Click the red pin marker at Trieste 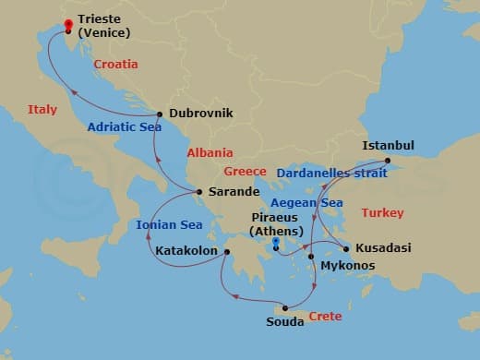tap(67, 27)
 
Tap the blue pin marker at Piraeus tap(276, 242)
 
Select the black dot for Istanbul tap(388, 162)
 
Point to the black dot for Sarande tap(199, 192)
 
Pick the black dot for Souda tap(285, 308)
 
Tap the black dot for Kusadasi tap(346, 248)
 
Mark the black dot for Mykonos tap(312, 256)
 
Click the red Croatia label tap(115, 65)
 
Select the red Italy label tap(42, 110)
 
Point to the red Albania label tap(210, 153)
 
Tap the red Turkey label tap(382, 213)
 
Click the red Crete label tap(325, 317)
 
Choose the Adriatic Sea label tap(123, 127)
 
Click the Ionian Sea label tap(169, 224)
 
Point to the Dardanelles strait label tap(327, 172)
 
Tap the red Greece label tap(246, 172)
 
